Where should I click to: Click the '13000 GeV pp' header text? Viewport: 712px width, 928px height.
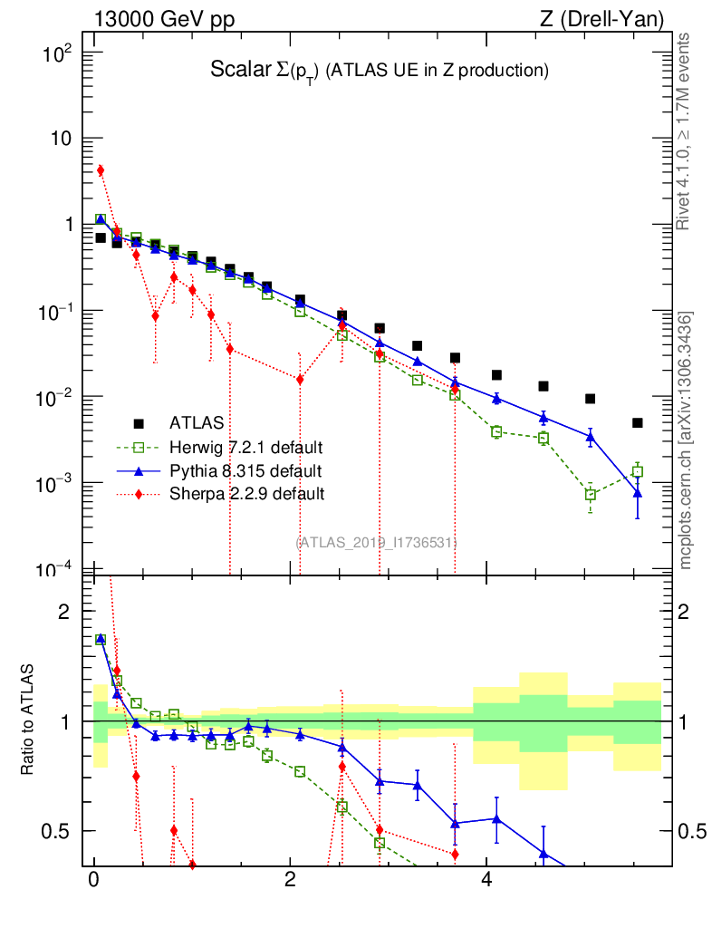point(163,18)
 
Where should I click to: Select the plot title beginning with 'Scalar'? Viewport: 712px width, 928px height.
point(380,70)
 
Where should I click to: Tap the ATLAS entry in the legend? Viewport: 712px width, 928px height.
point(195,422)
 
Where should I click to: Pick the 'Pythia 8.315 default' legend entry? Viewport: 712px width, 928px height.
point(245,470)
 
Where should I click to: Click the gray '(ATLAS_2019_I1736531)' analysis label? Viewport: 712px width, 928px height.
point(376,542)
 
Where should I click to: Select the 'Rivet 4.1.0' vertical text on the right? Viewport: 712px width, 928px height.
point(683,130)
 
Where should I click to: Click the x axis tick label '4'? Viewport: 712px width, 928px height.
point(486,879)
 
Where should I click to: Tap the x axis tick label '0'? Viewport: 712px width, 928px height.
point(93,879)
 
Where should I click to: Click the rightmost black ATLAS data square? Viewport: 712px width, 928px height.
point(638,423)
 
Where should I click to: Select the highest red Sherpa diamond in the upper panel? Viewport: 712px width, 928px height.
point(101,170)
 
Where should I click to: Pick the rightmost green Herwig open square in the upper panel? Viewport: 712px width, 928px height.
point(638,471)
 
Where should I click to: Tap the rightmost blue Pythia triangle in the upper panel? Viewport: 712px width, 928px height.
point(638,493)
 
